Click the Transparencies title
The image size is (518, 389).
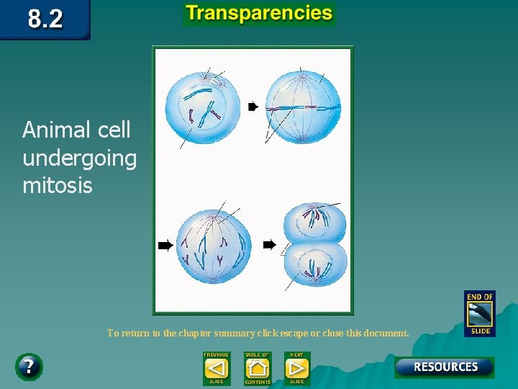(259, 14)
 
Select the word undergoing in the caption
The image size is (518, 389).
(79, 158)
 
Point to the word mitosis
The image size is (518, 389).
(58, 186)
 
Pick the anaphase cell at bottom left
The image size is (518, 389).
(214, 245)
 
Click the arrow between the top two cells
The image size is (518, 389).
(253, 107)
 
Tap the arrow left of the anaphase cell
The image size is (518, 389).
(165, 246)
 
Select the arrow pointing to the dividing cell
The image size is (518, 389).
(269, 245)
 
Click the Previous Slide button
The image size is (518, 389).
(216, 369)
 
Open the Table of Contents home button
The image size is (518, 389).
(257, 369)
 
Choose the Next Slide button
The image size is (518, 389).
(296, 369)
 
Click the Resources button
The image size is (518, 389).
(445, 367)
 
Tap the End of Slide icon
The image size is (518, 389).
(479, 313)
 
